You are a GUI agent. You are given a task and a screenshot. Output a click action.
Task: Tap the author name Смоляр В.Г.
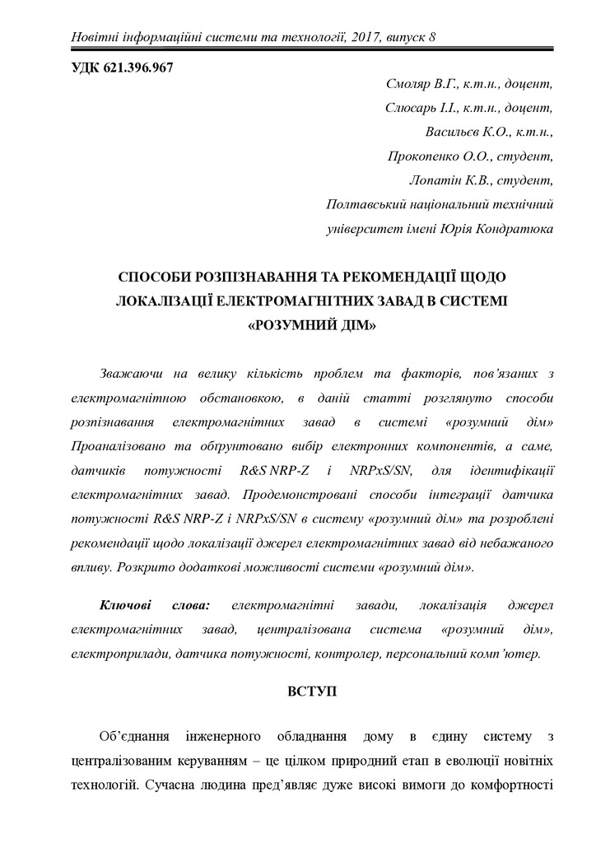tap(420, 85)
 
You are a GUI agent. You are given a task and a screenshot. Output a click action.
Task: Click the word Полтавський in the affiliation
tap(366, 203)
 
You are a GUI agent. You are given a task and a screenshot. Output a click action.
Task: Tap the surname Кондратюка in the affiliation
tap(510, 227)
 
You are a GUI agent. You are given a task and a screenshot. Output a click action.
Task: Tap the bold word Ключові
tap(131, 605)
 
